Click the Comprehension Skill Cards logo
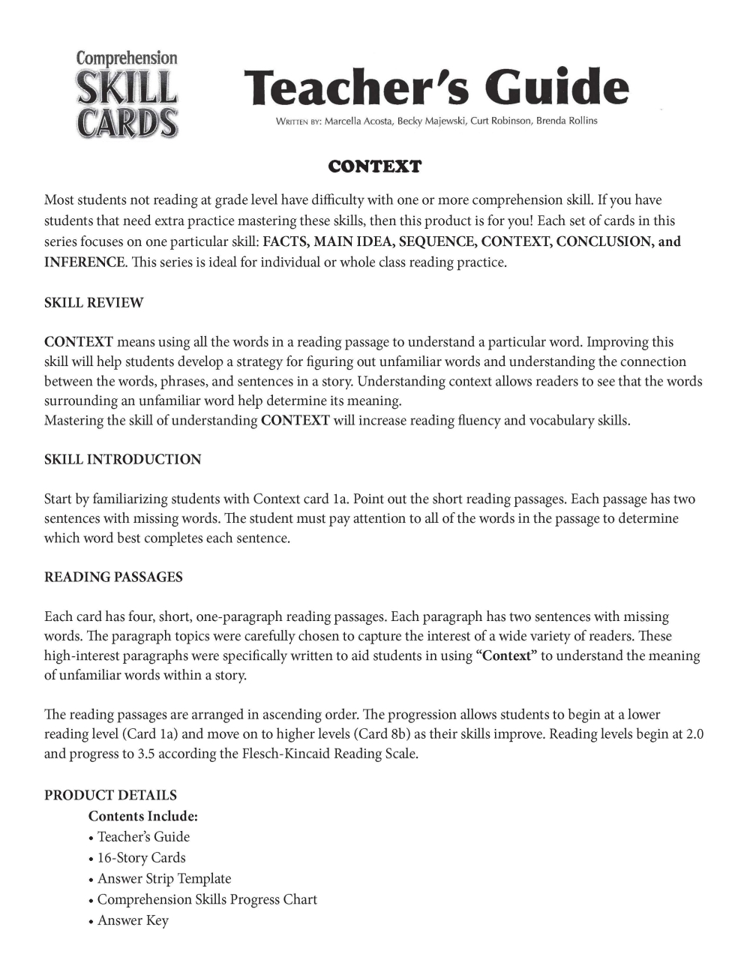click(x=127, y=94)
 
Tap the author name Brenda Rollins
click(x=566, y=121)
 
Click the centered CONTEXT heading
click(x=375, y=166)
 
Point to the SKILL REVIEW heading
click(x=94, y=303)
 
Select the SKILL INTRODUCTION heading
click(x=123, y=460)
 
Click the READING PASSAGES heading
click(x=113, y=577)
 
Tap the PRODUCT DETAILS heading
click(x=110, y=795)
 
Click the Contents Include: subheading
click(x=143, y=816)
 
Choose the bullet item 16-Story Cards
click(x=141, y=857)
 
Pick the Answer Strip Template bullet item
click(x=164, y=878)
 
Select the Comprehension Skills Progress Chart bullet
click(x=207, y=899)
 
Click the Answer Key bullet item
click(x=133, y=920)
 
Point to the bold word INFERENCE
click(x=84, y=262)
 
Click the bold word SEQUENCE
click(x=436, y=241)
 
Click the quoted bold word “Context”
click(x=507, y=655)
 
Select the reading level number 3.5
click(x=146, y=753)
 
